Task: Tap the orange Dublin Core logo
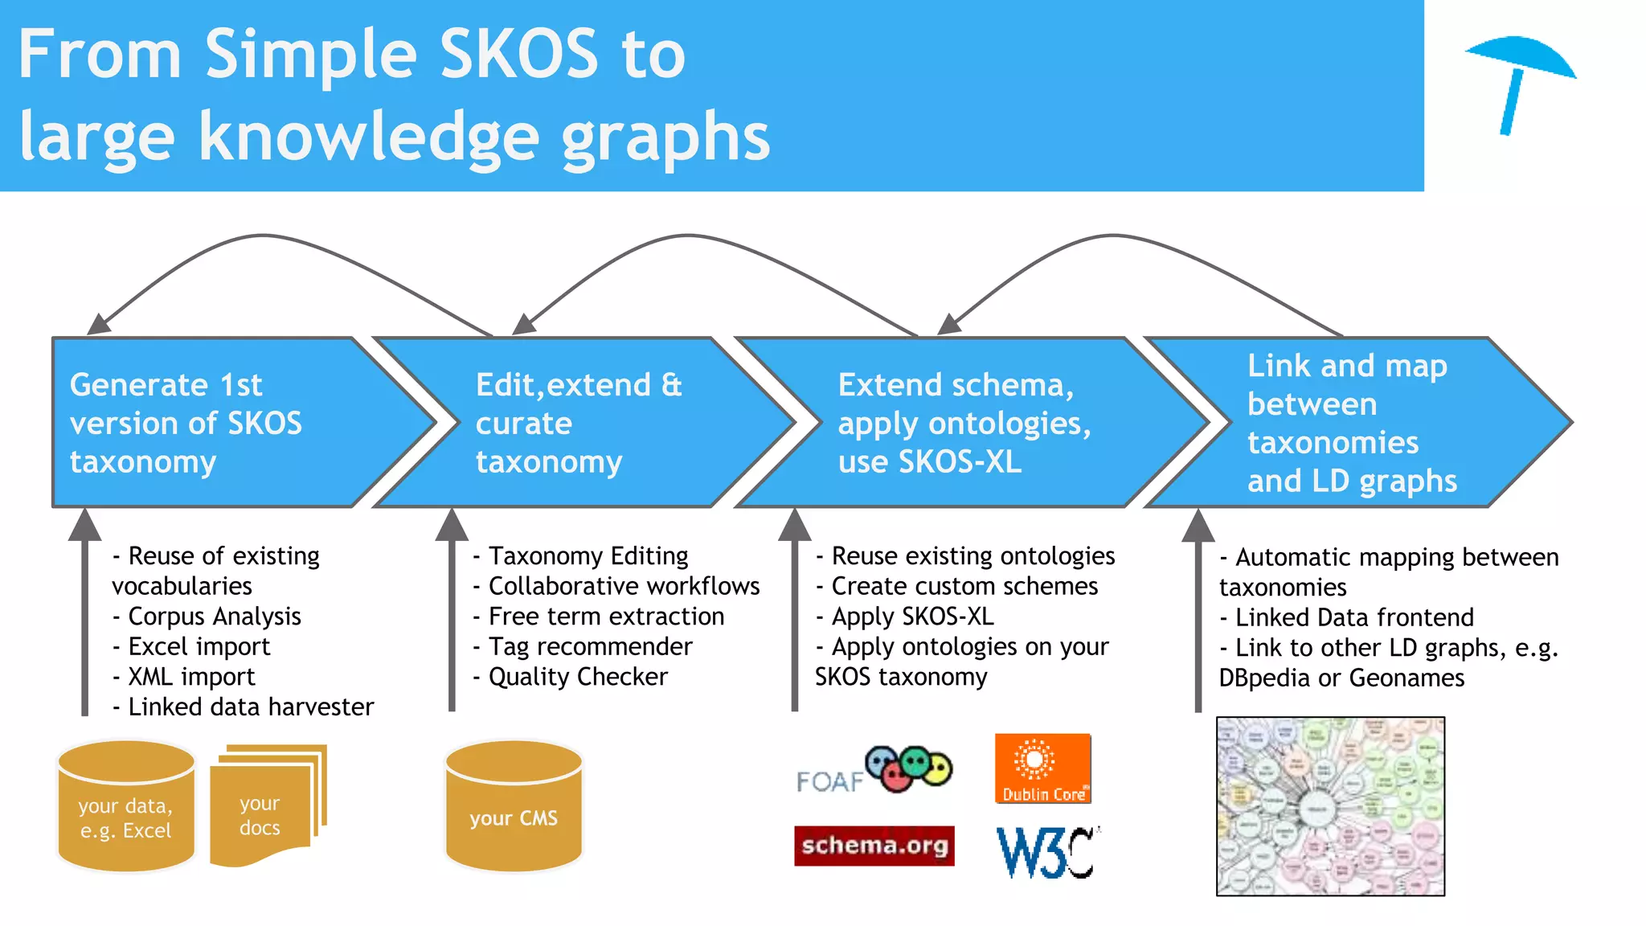coord(1042,768)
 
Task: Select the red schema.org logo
coord(874,846)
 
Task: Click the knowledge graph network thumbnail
coord(1330,806)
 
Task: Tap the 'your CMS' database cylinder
coord(514,807)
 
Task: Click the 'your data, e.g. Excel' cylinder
coord(126,807)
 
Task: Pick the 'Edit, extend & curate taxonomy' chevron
coord(563,423)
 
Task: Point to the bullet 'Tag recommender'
coord(590,646)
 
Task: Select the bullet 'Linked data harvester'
coord(250,707)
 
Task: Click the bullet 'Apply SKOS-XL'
coord(911,617)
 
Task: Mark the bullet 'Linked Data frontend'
coord(1353,617)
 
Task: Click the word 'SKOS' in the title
coord(519,55)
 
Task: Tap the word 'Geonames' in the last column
coord(1406,678)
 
